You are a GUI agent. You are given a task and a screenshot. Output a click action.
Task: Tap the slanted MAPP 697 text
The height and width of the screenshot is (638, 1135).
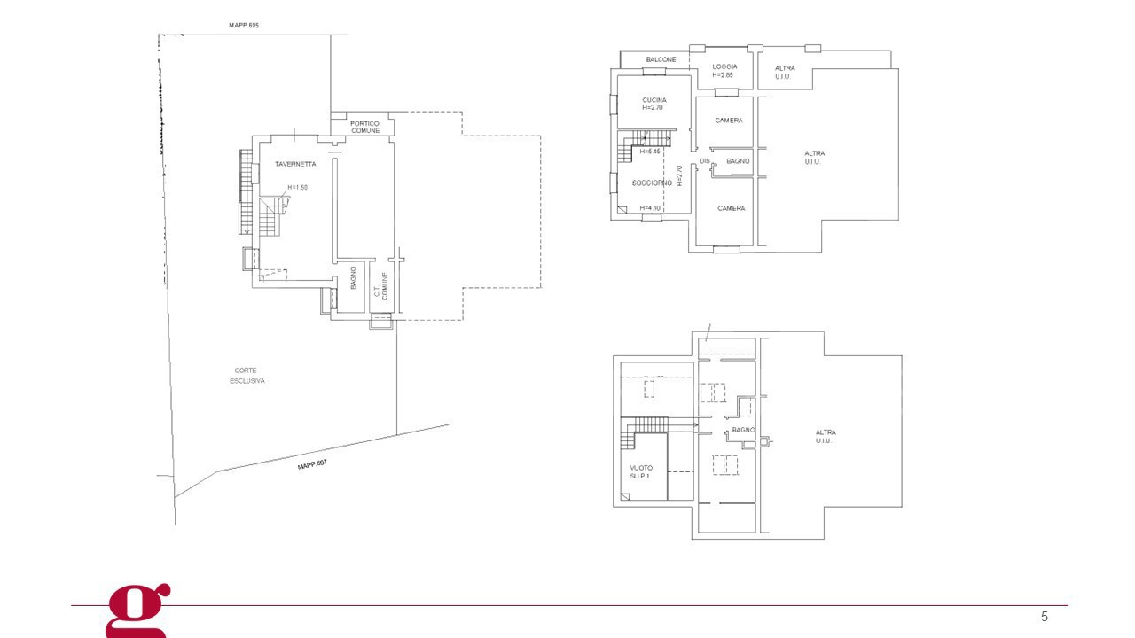pyautogui.click(x=313, y=465)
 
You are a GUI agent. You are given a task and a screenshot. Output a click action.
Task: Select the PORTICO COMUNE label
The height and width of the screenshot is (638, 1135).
pyautogui.click(x=364, y=127)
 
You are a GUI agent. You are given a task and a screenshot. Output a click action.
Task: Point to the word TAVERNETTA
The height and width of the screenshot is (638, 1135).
pyautogui.click(x=294, y=164)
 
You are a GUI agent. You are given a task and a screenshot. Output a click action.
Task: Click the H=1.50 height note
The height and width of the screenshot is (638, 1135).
pyautogui.click(x=297, y=188)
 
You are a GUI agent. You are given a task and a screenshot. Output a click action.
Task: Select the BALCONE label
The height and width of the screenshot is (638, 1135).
pyautogui.click(x=661, y=59)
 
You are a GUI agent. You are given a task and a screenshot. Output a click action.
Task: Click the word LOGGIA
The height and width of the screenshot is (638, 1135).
pyautogui.click(x=725, y=66)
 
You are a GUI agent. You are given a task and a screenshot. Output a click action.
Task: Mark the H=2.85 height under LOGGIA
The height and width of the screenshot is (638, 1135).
pyautogui.click(x=723, y=75)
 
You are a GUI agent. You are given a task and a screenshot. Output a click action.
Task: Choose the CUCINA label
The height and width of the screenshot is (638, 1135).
pyautogui.click(x=654, y=100)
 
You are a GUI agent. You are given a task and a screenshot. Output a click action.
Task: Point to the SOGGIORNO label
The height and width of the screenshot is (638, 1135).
pyautogui.click(x=652, y=183)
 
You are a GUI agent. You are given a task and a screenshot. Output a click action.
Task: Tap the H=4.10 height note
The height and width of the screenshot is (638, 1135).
pyautogui.click(x=652, y=208)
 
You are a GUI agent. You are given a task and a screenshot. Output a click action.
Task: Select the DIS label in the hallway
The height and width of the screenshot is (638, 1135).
pyautogui.click(x=704, y=160)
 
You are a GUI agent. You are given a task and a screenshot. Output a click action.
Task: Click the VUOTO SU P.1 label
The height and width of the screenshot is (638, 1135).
pyautogui.click(x=641, y=472)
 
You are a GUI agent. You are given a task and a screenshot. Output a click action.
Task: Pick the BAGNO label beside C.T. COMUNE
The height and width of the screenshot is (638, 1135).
pyautogui.click(x=353, y=278)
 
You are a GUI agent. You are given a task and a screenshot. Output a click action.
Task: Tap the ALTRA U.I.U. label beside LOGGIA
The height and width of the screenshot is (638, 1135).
pyautogui.click(x=785, y=73)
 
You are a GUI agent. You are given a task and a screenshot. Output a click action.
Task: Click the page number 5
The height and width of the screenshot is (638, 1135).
pyautogui.click(x=1044, y=616)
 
